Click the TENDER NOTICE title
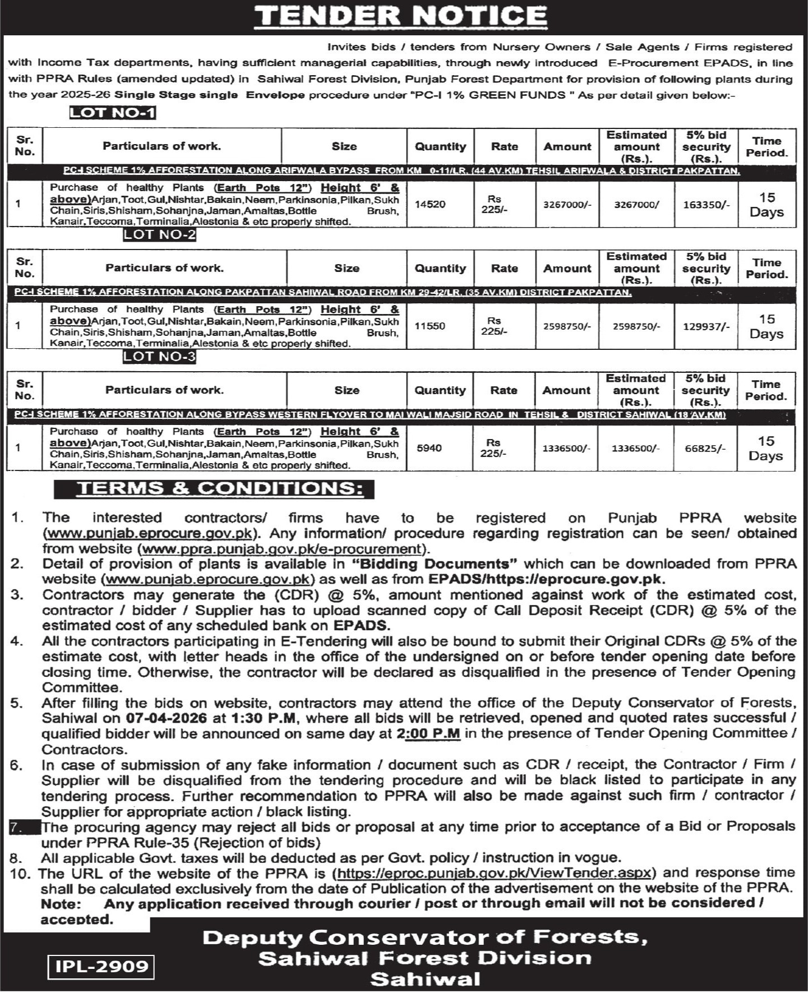tap(400, 16)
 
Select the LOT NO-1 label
tap(112, 113)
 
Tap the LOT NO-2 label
tap(160, 234)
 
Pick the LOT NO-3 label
tap(160, 357)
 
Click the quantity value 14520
tap(430, 205)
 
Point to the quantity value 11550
tap(430, 326)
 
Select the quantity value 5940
tap(429, 448)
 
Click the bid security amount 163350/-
tap(706, 205)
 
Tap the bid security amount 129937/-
tap(706, 326)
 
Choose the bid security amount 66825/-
tap(705, 449)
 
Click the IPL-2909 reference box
tap(101, 966)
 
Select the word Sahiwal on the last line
tap(424, 978)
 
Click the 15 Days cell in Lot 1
tap(767, 205)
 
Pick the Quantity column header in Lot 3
tap(440, 390)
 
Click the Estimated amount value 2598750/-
tap(636, 326)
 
